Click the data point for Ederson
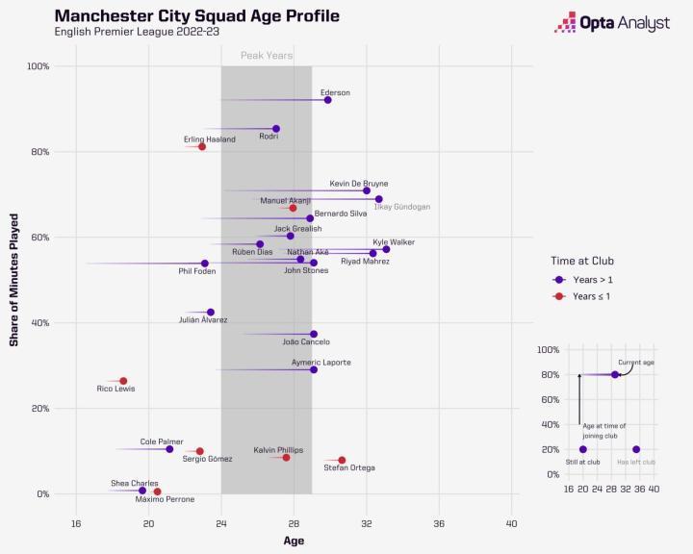[328, 100]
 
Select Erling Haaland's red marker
[202, 146]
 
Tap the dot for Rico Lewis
[123, 381]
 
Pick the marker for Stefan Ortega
[342, 460]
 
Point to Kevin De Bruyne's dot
[367, 190]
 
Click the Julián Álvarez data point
[211, 312]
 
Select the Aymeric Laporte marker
[314, 369]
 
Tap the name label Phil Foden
[196, 271]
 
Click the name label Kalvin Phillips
[278, 449]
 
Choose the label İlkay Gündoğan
[401, 207]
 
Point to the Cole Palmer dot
[169, 449]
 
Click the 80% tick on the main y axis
[38, 152]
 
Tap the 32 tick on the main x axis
[367, 522]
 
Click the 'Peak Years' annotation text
[267, 56]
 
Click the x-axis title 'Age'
[294, 541]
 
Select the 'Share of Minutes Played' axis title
[14, 279]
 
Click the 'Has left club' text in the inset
[635, 462]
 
